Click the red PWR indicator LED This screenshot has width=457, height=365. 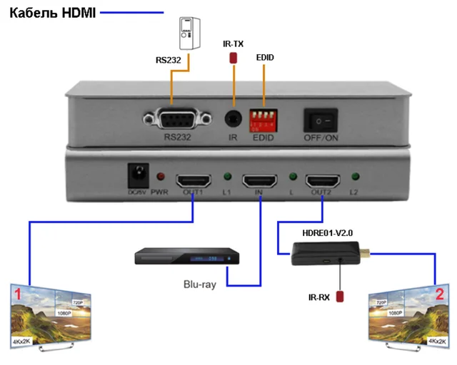(x=161, y=176)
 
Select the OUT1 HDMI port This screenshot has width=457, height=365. (x=193, y=180)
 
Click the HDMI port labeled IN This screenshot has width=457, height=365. (x=258, y=180)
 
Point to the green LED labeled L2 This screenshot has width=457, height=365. (x=355, y=176)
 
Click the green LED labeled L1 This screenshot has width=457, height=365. (x=227, y=176)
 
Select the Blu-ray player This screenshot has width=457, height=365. (x=188, y=257)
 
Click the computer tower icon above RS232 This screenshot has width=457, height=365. (x=187, y=32)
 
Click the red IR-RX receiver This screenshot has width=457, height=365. (x=341, y=294)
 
